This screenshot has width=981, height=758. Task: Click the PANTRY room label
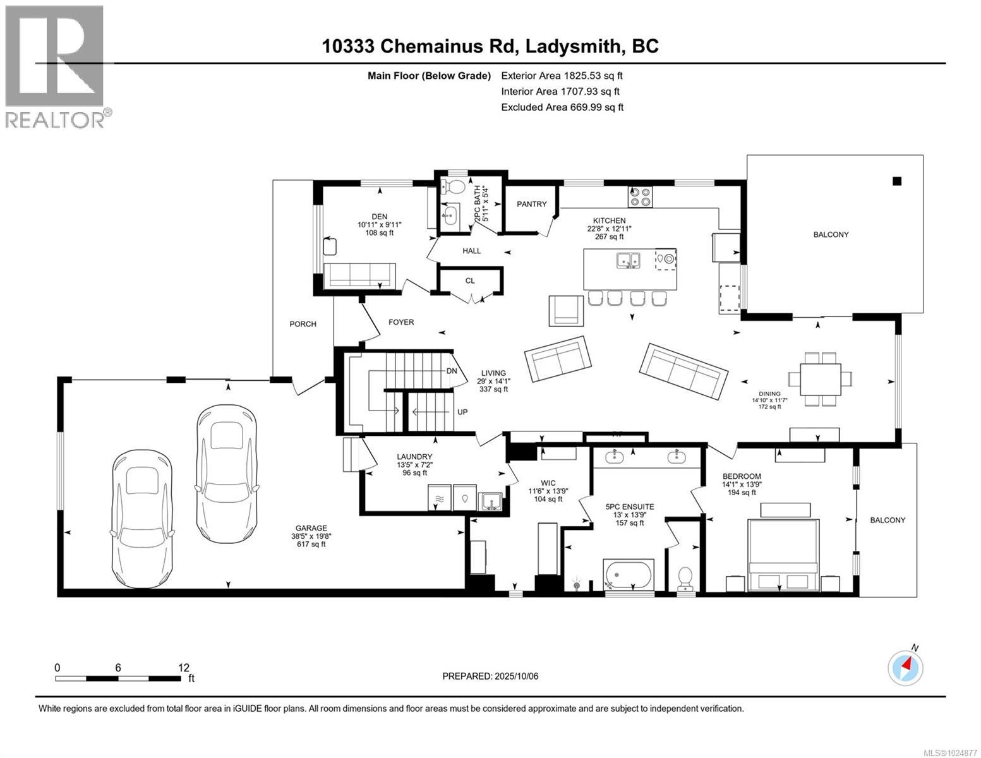[x=531, y=204]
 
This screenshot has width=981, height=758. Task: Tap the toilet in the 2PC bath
[x=452, y=186]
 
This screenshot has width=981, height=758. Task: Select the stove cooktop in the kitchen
[x=641, y=197]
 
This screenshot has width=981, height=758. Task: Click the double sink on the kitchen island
[x=629, y=260]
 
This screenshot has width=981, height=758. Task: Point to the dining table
[x=821, y=378]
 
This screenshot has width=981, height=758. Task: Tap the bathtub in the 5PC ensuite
[x=629, y=575]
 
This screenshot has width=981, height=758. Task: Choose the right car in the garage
[x=226, y=472]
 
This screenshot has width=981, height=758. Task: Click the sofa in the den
[x=359, y=275]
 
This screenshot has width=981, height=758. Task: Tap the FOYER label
[x=401, y=322]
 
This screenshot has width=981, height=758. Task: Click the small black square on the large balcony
[x=896, y=181]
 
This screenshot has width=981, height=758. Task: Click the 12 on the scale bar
[x=184, y=668]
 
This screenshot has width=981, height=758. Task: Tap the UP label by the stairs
[x=462, y=412]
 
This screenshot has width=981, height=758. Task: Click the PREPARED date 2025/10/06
[x=515, y=676]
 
